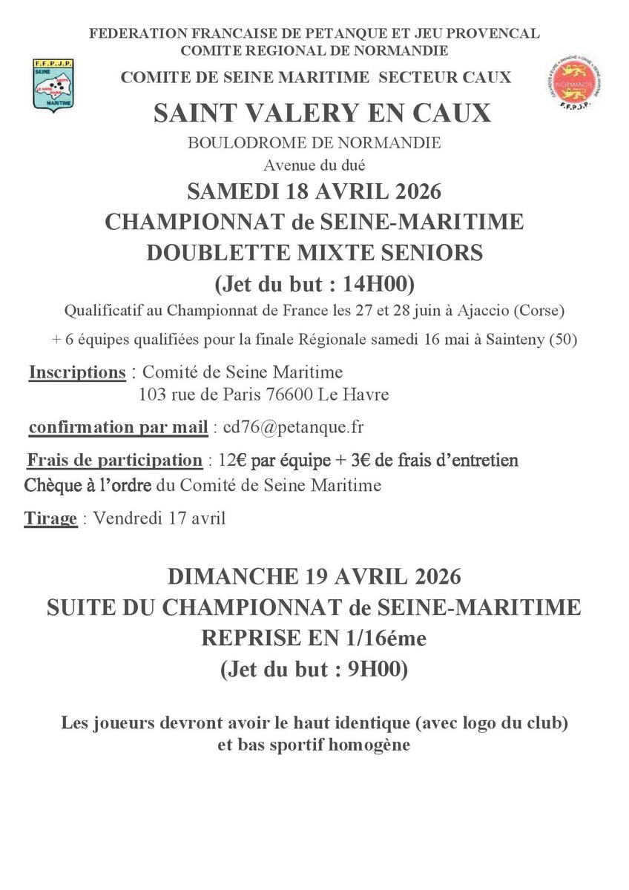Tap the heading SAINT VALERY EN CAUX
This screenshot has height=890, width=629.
click(322, 113)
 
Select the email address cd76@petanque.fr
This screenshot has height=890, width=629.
click(293, 428)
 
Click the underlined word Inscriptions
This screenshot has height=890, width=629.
click(77, 372)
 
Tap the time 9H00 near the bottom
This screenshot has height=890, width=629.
click(372, 669)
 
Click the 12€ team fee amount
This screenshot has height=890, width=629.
click(232, 461)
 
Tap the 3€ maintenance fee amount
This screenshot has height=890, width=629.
click(361, 461)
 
